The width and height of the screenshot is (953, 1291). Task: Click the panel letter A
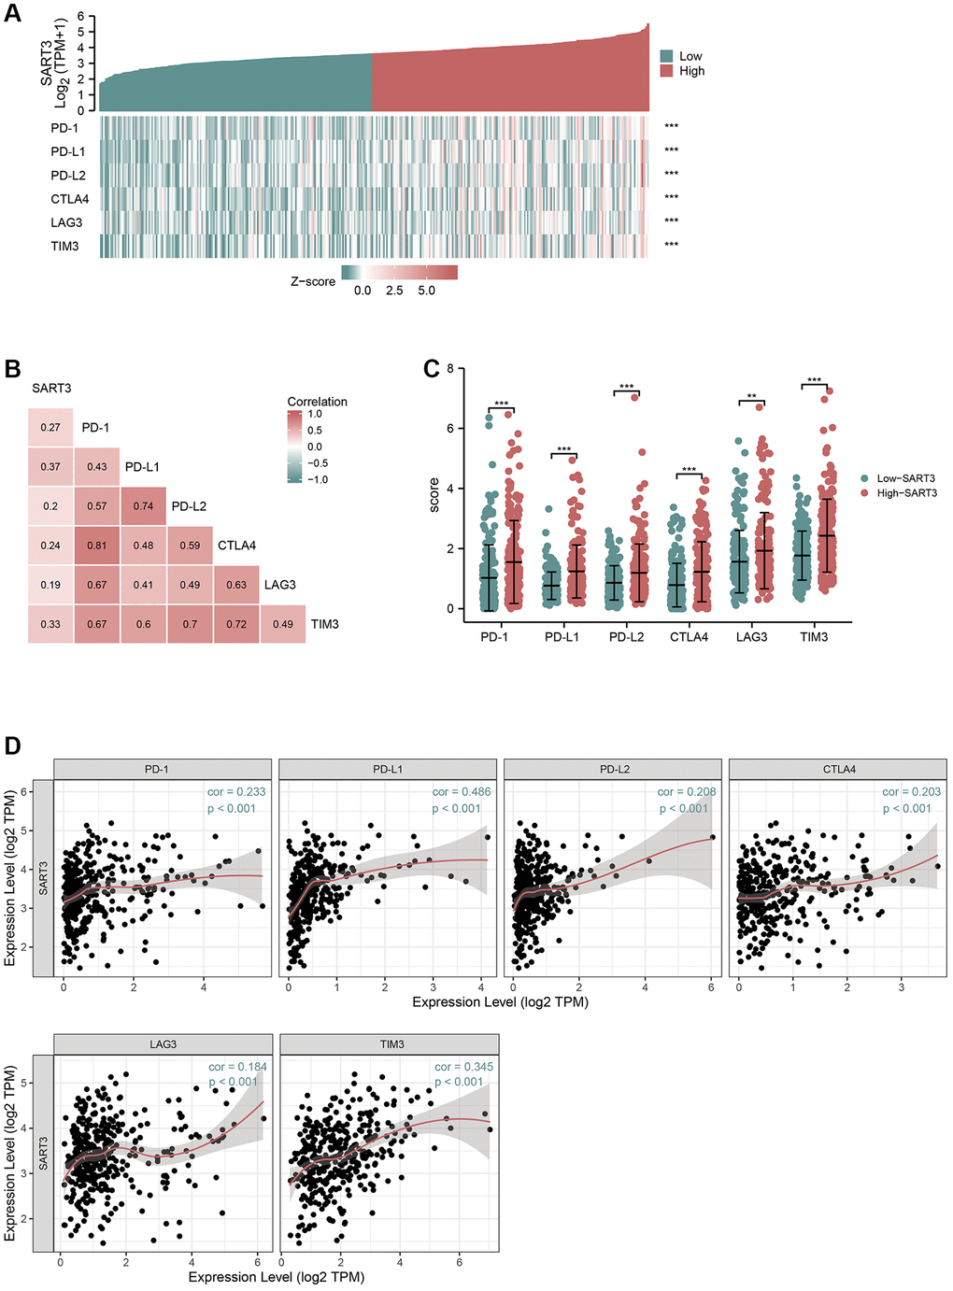click(x=12, y=16)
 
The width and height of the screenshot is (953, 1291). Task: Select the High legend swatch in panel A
click(x=666, y=71)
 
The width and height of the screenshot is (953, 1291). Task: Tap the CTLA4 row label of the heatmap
click(x=70, y=199)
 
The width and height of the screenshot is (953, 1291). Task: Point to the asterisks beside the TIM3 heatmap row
click(x=671, y=246)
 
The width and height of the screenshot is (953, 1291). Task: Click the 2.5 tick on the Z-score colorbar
click(x=394, y=291)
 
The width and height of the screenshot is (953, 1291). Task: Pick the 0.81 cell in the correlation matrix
click(x=97, y=546)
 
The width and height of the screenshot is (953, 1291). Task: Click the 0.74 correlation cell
click(x=143, y=506)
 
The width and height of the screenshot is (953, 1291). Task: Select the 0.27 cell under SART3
click(x=50, y=428)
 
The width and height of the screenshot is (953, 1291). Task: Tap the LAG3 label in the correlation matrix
click(x=279, y=585)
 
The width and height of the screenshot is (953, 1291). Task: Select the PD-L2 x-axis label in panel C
click(x=626, y=637)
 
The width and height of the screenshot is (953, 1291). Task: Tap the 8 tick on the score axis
click(x=450, y=369)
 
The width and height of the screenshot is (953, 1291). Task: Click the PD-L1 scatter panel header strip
click(x=388, y=770)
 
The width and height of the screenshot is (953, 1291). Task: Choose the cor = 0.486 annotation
click(x=461, y=792)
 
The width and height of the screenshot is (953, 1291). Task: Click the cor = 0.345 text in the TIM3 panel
click(x=463, y=1067)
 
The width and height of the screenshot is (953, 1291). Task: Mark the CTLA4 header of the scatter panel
click(x=838, y=770)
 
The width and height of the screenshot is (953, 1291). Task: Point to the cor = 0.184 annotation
click(x=237, y=1067)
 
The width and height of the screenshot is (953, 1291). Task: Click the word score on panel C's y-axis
click(x=434, y=494)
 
